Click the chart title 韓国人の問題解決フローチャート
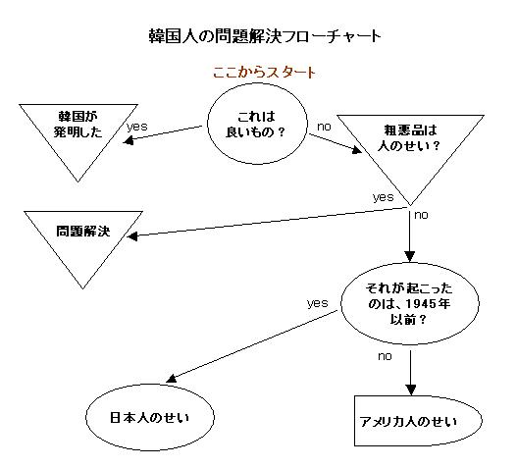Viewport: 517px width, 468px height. tap(265, 36)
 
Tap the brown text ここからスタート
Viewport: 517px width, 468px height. tap(264, 73)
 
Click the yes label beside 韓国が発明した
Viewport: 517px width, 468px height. tap(136, 127)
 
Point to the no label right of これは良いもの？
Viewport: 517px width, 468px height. tap(324, 127)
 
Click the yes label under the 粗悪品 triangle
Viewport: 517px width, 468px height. tap(384, 197)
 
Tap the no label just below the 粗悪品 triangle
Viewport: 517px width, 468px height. tap(421, 215)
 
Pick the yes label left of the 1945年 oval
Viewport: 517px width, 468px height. tap(317, 303)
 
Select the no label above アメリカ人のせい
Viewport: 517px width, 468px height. tap(385, 356)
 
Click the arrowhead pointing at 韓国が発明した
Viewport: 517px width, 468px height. tap(128, 141)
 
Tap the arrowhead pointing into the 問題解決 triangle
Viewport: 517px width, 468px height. tap(132, 236)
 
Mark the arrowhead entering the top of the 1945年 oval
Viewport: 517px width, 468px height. tap(410, 257)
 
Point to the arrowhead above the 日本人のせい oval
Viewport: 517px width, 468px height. tap(172, 379)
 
